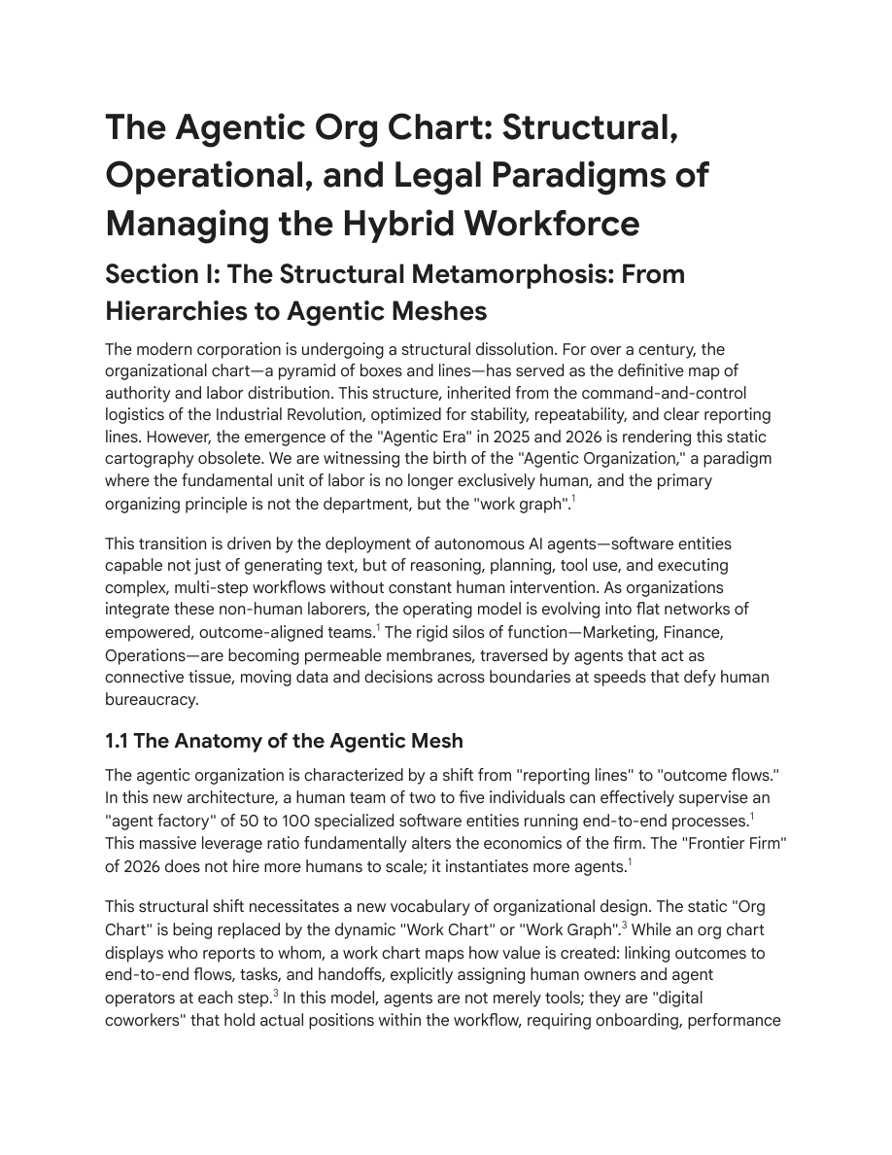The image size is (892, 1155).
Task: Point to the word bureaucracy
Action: (x=152, y=699)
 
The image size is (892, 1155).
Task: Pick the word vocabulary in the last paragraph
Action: (x=437, y=907)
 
